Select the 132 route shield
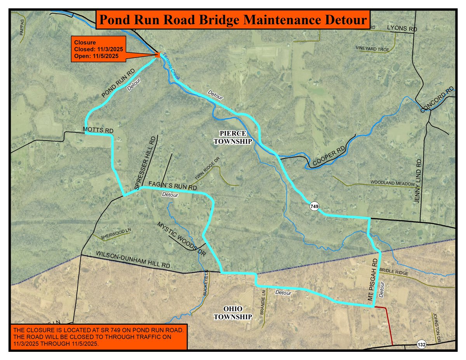point(421,344)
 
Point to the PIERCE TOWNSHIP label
point(233,137)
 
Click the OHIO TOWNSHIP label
point(233,313)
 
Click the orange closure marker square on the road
point(157,55)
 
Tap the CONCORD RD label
point(437,100)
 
